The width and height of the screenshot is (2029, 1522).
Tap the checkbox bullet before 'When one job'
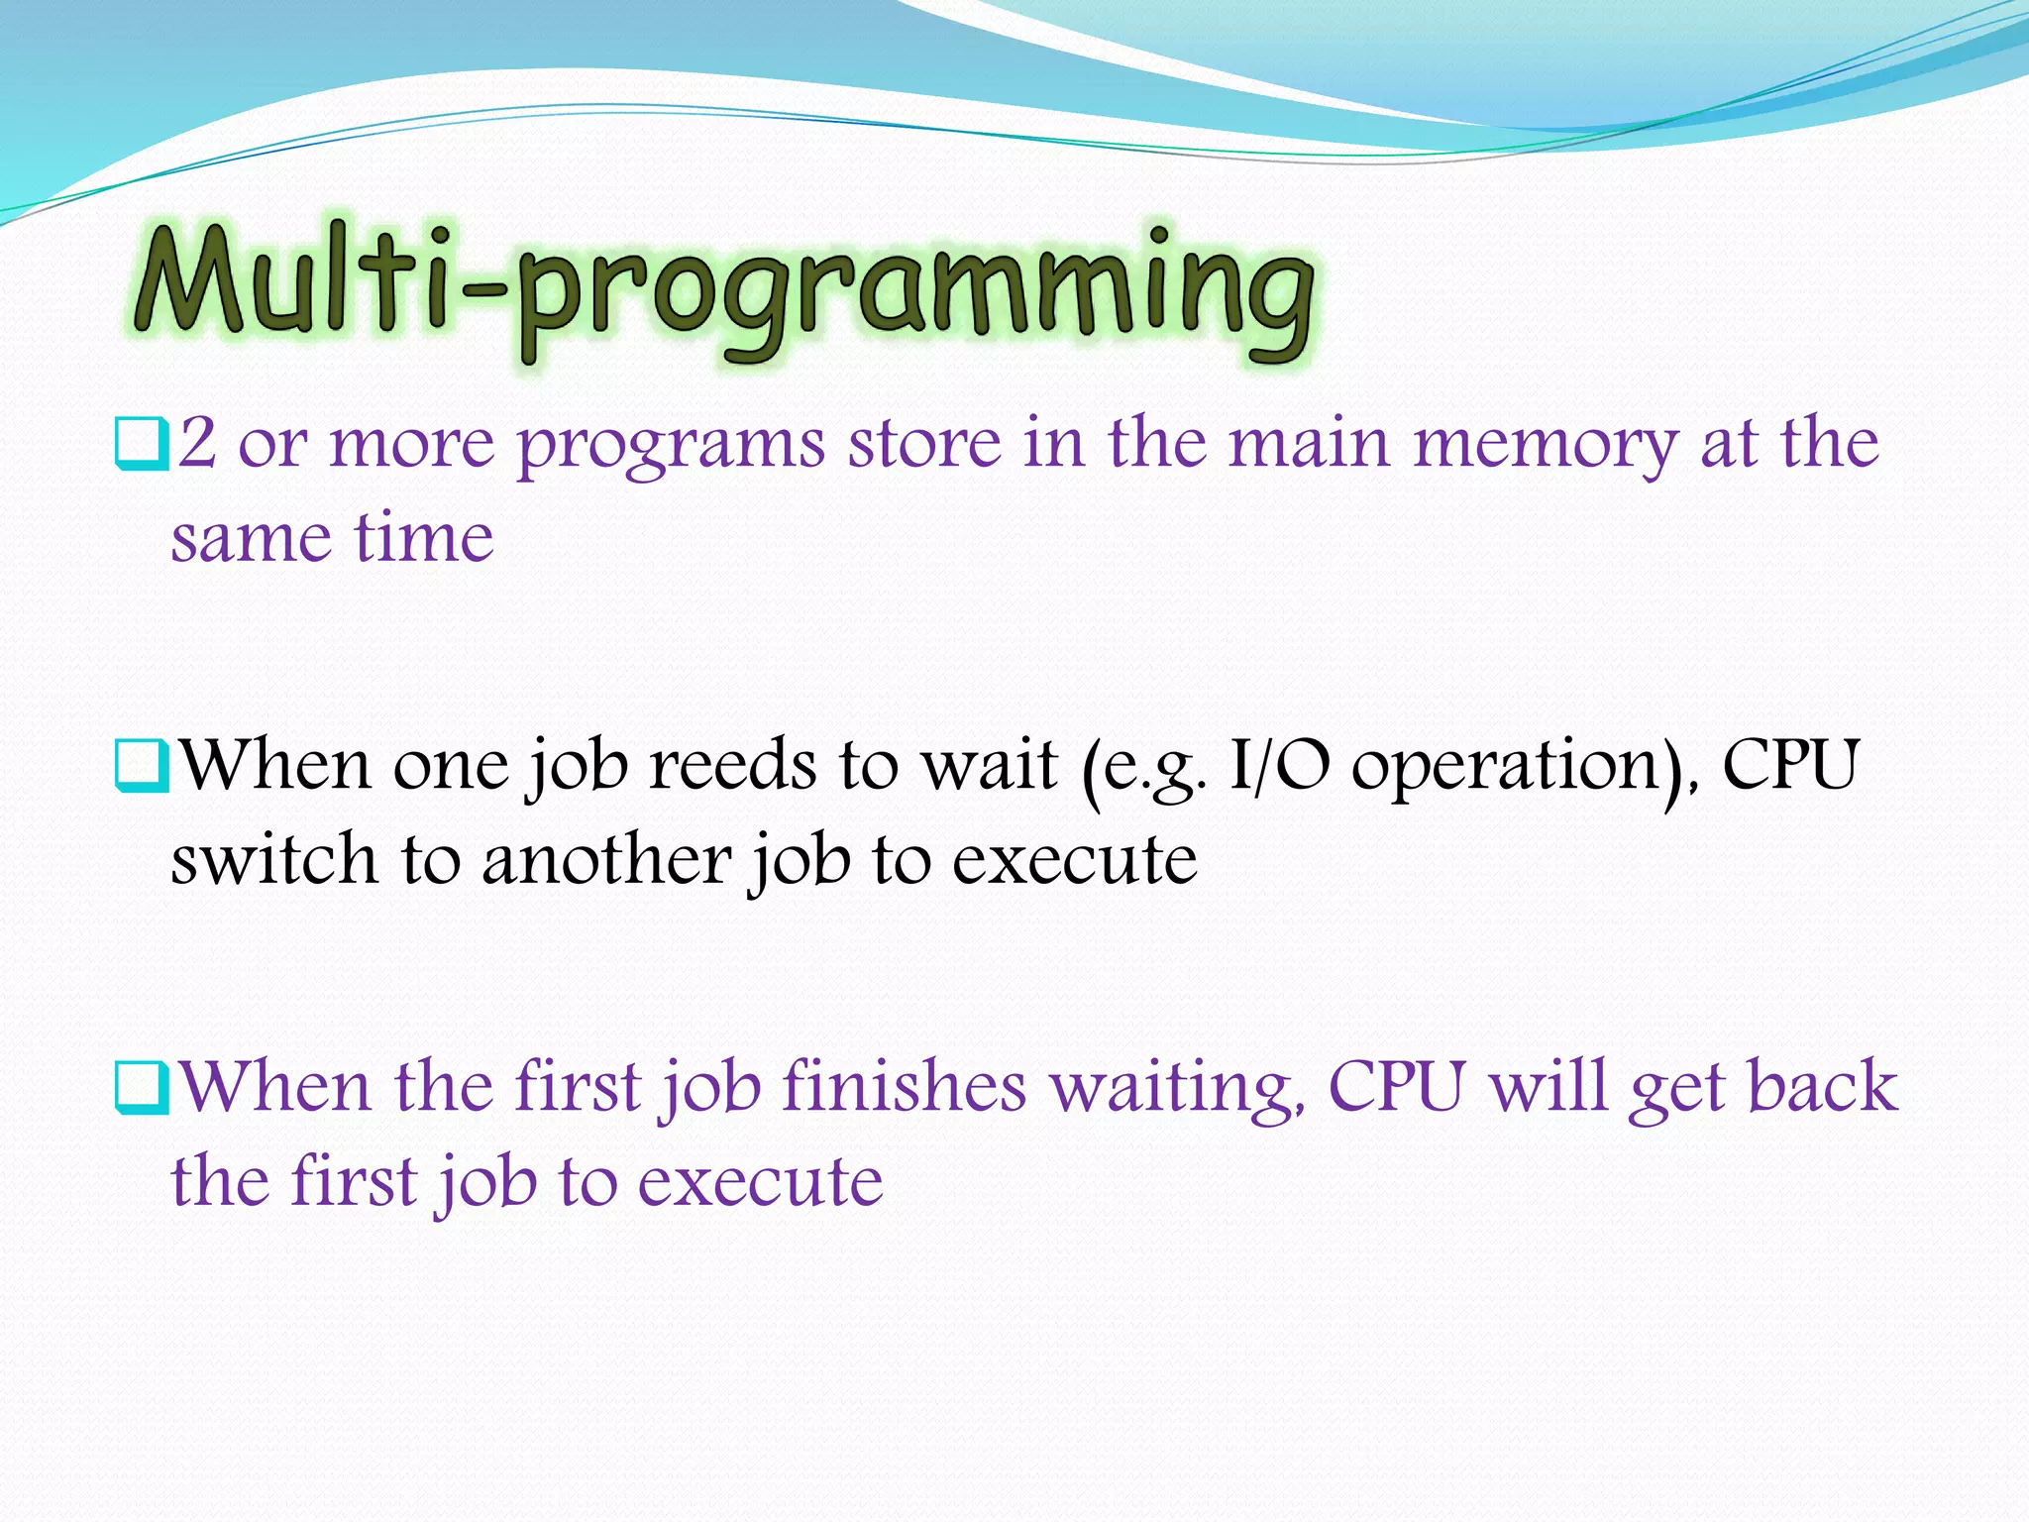[x=141, y=766]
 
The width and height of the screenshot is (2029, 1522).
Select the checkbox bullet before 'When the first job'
[x=141, y=1088]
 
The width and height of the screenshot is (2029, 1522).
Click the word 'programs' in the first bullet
[x=671, y=446]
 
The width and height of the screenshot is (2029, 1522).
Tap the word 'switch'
[x=273, y=859]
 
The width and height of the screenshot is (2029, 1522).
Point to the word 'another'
[x=605, y=859]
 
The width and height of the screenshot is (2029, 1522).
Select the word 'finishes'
[x=904, y=1086]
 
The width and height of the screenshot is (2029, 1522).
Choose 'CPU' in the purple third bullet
[x=1396, y=1086]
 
